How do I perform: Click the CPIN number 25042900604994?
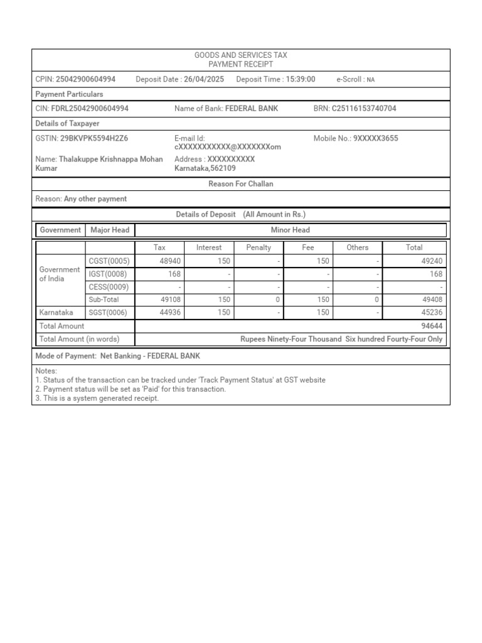[x=85, y=79]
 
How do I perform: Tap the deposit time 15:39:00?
[x=301, y=79]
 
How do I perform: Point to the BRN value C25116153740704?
[x=364, y=109]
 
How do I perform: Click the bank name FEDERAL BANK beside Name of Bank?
[x=251, y=109]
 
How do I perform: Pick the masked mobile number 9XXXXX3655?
[x=375, y=138]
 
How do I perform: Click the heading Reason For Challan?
[x=240, y=184]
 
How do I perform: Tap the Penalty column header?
[x=259, y=247]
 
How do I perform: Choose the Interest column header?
[x=209, y=247]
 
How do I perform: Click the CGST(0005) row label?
[x=109, y=261]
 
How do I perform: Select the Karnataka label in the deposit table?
[x=56, y=312]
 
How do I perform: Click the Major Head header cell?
[x=110, y=230]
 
